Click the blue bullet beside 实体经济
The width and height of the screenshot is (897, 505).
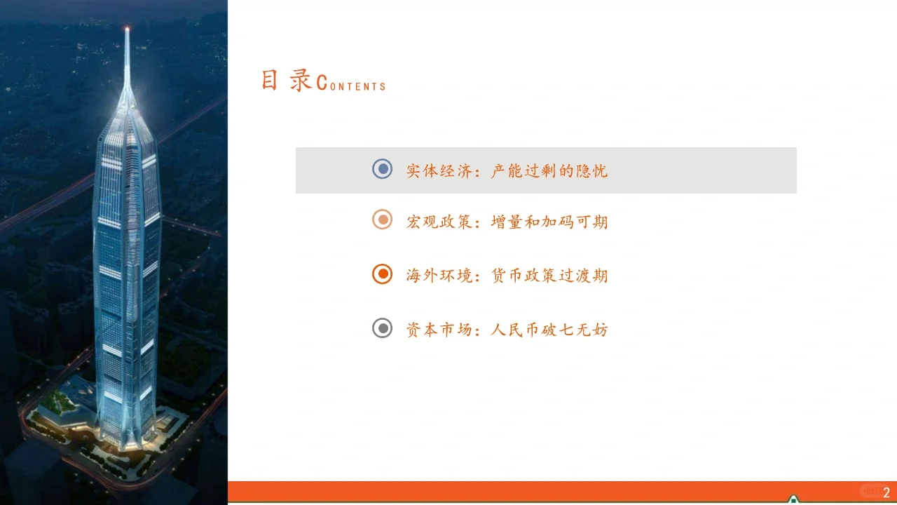point(382,169)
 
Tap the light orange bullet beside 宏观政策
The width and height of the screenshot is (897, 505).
point(382,220)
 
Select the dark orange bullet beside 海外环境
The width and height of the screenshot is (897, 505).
point(382,274)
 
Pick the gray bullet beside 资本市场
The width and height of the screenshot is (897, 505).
point(382,328)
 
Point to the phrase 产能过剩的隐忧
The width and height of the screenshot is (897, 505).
point(549,170)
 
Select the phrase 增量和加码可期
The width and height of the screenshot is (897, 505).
point(549,222)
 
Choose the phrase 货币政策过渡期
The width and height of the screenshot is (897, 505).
point(549,275)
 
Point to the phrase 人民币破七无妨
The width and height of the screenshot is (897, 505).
point(549,328)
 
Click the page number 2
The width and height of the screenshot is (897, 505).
point(886,493)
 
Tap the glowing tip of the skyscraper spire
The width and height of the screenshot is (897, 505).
point(127,29)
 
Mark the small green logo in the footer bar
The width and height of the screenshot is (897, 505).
point(793,499)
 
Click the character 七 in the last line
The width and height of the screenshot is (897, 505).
point(567,328)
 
